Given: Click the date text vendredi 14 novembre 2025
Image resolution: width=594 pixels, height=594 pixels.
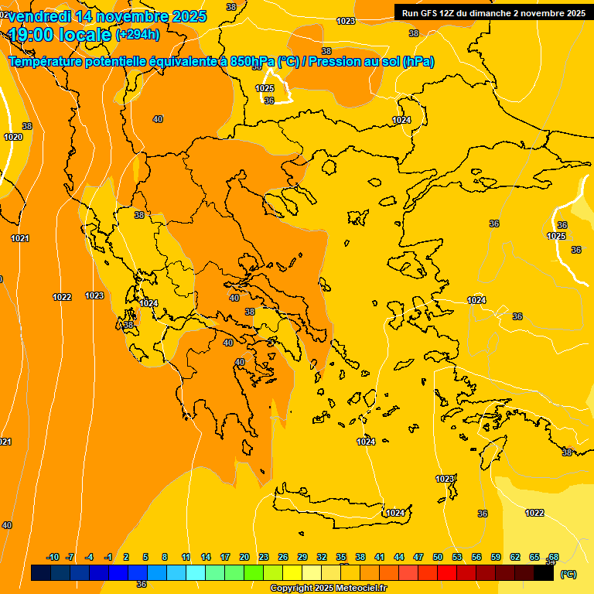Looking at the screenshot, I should pyautogui.click(x=108, y=16).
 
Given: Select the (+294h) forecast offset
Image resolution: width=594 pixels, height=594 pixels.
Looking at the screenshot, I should pyautogui.click(x=138, y=35).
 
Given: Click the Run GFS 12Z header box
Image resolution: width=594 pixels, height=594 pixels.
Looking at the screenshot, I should pyautogui.click(x=493, y=13).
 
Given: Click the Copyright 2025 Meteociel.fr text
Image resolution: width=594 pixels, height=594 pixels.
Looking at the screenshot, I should pyautogui.click(x=328, y=589).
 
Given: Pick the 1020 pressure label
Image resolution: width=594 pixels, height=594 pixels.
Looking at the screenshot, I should pyautogui.click(x=13, y=137).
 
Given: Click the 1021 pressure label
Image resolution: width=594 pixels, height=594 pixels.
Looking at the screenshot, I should pyautogui.click(x=19, y=238).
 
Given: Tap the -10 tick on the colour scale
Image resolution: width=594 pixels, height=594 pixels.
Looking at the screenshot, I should pyautogui.click(x=53, y=557).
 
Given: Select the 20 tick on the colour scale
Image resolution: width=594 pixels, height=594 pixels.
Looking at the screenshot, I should pyautogui.click(x=244, y=557).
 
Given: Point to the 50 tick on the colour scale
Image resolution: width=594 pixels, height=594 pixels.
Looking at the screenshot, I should pyautogui.click(x=438, y=557).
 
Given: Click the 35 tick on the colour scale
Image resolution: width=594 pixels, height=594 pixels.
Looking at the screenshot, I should pyautogui.click(x=341, y=557).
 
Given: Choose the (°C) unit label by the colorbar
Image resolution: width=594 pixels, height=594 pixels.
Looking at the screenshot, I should pyautogui.click(x=568, y=574).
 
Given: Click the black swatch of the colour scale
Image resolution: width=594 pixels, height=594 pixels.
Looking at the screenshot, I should pyautogui.click(x=544, y=573).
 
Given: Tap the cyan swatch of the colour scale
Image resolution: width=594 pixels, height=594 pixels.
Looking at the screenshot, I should pyautogui.click(x=195, y=573).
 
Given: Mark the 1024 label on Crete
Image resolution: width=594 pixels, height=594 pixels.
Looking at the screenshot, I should pyautogui.click(x=395, y=513).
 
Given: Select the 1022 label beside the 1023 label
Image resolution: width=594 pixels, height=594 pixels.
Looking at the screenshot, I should pyautogui.click(x=63, y=297).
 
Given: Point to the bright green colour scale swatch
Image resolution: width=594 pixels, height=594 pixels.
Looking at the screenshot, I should pyautogui.click(x=253, y=573).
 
